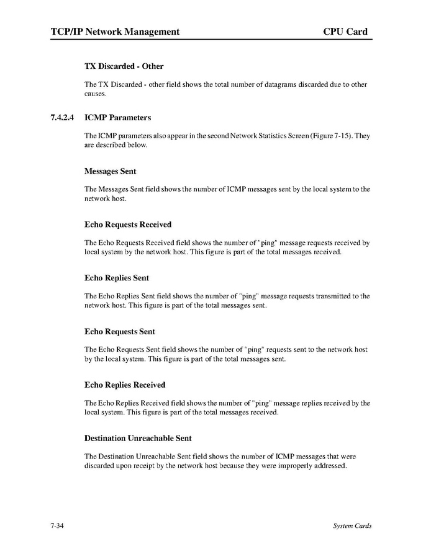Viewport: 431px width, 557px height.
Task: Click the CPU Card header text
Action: [x=345, y=32]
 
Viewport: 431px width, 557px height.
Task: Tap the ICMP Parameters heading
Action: [x=117, y=117]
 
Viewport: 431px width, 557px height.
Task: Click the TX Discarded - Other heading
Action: [x=124, y=66]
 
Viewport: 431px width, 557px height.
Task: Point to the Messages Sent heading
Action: [x=110, y=171]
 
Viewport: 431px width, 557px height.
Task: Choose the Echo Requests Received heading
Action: [x=127, y=225]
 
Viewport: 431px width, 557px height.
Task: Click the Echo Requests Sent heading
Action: [x=119, y=332]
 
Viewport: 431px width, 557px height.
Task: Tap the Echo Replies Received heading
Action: [x=124, y=385]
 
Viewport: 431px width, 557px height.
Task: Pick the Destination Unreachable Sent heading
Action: [x=137, y=439]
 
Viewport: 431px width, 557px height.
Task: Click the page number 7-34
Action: [x=58, y=526]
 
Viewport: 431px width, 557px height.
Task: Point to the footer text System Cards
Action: [x=352, y=526]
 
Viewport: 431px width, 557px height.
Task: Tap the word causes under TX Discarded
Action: [x=96, y=94]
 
